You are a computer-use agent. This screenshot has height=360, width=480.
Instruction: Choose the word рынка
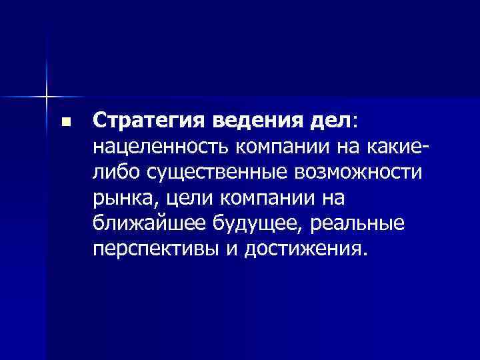(x=122, y=199)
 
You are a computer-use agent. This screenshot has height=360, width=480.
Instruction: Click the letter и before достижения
(x=233, y=249)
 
